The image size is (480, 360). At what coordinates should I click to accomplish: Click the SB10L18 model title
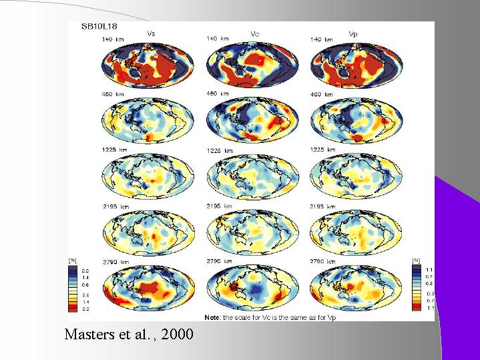[99, 27]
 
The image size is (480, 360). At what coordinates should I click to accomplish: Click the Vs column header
[152, 33]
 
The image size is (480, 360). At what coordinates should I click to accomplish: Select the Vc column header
[256, 33]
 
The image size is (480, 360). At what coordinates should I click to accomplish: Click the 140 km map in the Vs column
[148, 67]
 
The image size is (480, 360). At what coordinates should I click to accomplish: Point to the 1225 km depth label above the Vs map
[114, 150]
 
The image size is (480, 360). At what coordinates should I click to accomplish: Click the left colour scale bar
[75, 289]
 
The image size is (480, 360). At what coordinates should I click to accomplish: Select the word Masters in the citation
[86, 333]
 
